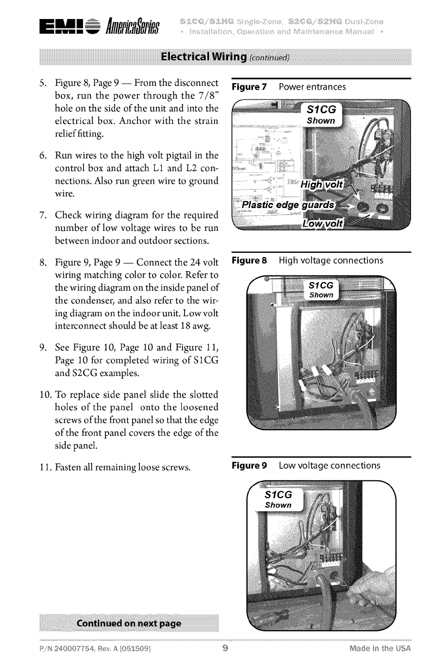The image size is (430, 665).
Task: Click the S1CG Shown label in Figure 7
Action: pos(324,115)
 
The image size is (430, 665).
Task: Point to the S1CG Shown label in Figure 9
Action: pos(278,499)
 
